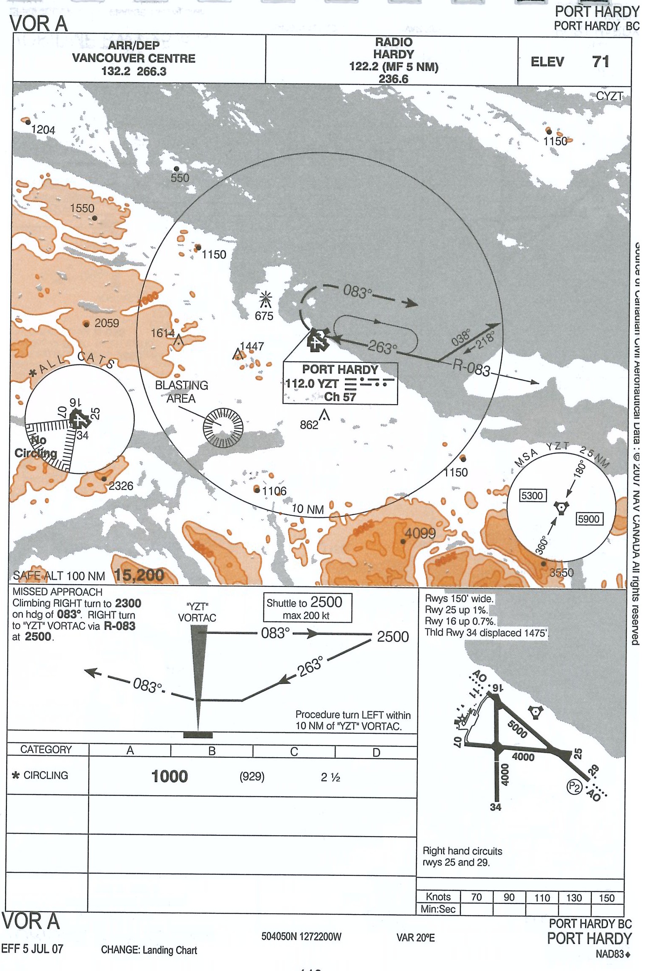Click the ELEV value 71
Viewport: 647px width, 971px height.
pyautogui.click(x=601, y=62)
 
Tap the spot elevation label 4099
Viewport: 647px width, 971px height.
pyautogui.click(x=420, y=534)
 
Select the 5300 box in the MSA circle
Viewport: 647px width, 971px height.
pyautogui.click(x=533, y=495)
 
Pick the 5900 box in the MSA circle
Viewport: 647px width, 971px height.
pyautogui.click(x=589, y=519)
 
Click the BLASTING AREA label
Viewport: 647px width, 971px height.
pyautogui.click(x=181, y=392)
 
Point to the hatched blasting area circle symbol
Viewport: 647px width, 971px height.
pyautogui.click(x=223, y=427)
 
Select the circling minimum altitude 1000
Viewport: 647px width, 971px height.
pyautogui.click(x=169, y=776)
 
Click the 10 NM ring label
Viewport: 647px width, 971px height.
pyautogui.click(x=308, y=509)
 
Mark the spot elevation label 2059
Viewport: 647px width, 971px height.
pyautogui.click(x=106, y=323)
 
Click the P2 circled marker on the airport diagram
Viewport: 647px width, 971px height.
pyautogui.click(x=574, y=786)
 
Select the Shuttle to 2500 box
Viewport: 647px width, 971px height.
pyautogui.click(x=307, y=608)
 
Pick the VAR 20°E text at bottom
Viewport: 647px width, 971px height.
pyautogui.click(x=415, y=937)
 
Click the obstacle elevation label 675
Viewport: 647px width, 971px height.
pyautogui.click(x=264, y=316)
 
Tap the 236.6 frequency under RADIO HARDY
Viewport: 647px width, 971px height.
pyautogui.click(x=393, y=79)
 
